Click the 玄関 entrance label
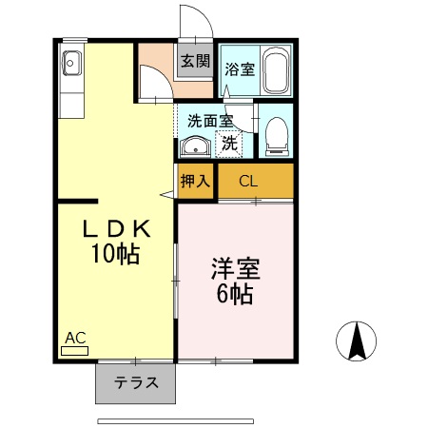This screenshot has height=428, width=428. point(195,62)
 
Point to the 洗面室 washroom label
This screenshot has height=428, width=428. point(209,121)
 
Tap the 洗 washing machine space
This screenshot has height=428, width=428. point(229,145)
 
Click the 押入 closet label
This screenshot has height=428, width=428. point(196,181)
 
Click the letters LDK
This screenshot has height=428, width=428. point(114,229)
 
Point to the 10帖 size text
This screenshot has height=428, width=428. point(114,254)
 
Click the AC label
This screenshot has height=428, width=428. point(75,337)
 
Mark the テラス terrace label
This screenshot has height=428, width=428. point(135,384)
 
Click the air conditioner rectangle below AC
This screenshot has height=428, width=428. point(74,350)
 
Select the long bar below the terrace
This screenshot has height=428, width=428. point(176,419)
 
